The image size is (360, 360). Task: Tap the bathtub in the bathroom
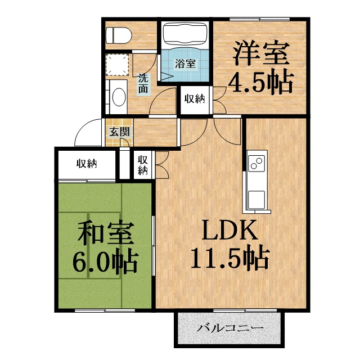(x=185, y=35)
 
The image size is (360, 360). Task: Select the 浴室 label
(x=185, y=64)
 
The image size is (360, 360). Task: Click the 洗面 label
(x=143, y=83)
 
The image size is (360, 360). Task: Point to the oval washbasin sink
(x=119, y=97)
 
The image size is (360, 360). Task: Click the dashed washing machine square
(x=117, y=65)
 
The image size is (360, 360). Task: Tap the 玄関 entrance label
(x=119, y=132)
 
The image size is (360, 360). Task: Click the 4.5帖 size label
(x=260, y=83)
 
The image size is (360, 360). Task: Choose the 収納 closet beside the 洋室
(x=195, y=99)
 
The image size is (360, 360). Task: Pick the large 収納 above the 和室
(x=87, y=164)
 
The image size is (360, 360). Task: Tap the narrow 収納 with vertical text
(x=143, y=165)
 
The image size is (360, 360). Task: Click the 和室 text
(x=106, y=233)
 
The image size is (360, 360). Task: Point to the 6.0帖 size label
(x=105, y=262)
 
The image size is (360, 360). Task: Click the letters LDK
(x=229, y=229)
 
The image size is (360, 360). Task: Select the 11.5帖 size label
(x=229, y=257)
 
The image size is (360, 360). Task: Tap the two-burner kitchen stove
(x=256, y=163)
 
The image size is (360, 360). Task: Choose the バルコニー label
(x=230, y=328)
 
